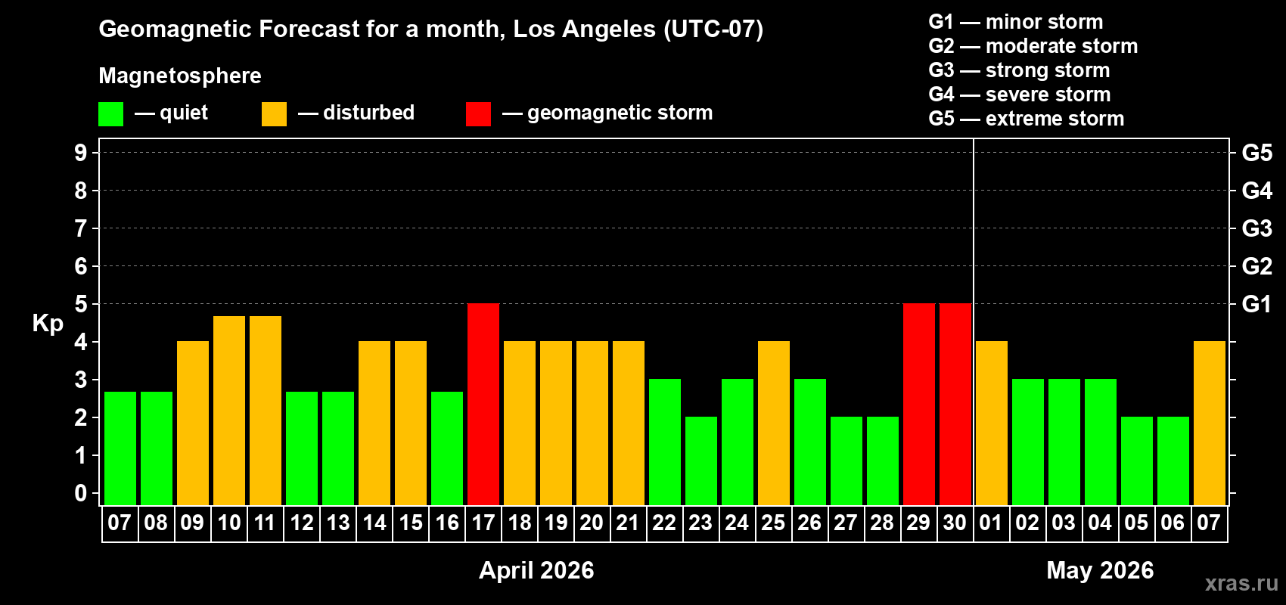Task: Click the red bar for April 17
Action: point(483,404)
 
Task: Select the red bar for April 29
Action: point(919,404)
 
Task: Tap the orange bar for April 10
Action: point(229,410)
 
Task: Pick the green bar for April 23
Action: point(701,461)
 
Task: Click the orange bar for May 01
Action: point(992,423)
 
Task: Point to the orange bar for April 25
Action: point(774,423)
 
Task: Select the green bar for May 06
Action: point(1173,461)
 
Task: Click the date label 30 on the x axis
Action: point(955,523)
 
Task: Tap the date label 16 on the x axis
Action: point(447,523)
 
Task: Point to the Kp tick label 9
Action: point(81,153)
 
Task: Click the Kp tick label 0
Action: point(81,494)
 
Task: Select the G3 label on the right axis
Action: point(1256,228)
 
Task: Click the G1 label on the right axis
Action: point(1256,304)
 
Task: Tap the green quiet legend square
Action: point(111,114)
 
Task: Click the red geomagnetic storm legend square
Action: point(478,114)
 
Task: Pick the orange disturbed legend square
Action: point(274,114)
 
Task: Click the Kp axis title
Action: point(48,324)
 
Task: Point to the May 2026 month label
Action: point(1100,570)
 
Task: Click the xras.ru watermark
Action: point(1241,583)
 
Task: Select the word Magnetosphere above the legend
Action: point(180,76)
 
